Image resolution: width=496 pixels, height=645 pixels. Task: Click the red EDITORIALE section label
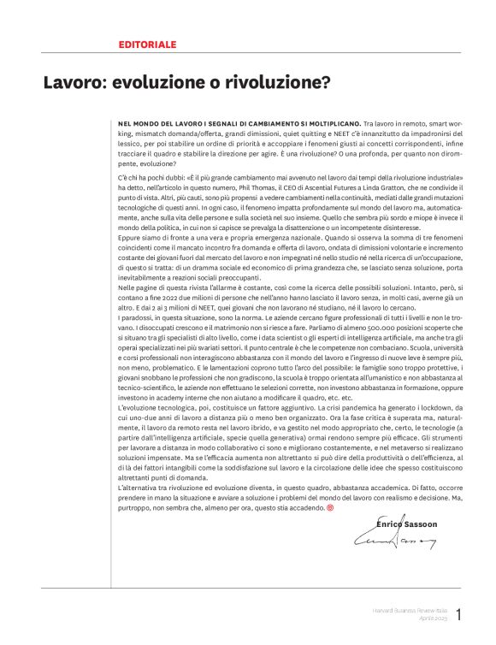(x=147, y=43)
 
